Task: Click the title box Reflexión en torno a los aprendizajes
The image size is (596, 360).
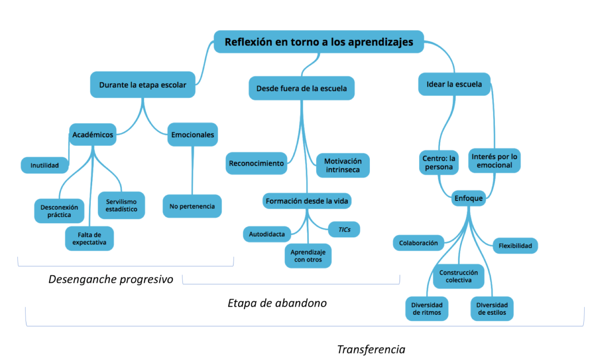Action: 319,42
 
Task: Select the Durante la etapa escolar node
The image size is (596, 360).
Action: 143,85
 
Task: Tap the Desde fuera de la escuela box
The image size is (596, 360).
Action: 301,89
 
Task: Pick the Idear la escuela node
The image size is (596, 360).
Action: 454,84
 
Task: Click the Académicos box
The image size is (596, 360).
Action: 93,135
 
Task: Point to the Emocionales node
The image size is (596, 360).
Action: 192,135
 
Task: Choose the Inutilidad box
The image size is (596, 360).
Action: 44,165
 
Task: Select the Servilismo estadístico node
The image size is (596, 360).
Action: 121,206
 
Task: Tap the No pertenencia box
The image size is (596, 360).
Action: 192,206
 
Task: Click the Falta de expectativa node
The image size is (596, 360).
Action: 89,239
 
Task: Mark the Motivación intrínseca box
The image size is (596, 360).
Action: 343,166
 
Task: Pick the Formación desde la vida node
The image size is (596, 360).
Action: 307,201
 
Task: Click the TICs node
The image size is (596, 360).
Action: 344,230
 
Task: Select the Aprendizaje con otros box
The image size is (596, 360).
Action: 308,256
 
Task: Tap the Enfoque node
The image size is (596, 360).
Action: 469,199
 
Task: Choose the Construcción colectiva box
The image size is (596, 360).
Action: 459,276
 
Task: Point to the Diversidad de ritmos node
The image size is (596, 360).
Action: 427,309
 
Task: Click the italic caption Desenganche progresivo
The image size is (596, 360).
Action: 111,279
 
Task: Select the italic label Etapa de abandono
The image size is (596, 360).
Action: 277,303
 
